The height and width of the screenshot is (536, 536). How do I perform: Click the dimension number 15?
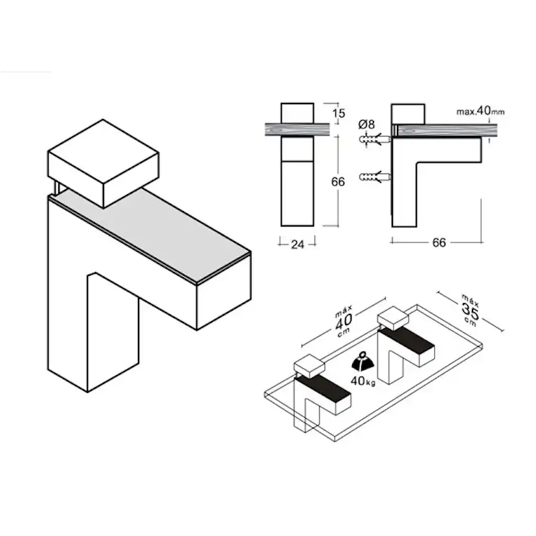(339, 113)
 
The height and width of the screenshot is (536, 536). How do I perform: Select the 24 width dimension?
(297, 245)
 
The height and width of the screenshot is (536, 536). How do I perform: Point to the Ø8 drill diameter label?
(366, 124)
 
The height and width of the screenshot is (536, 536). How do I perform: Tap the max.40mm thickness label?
(480, 111)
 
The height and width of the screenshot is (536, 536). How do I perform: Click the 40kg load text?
(363, 381)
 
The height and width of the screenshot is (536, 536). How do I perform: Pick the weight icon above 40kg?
(363, 363)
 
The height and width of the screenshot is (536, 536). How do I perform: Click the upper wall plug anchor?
(375, 139)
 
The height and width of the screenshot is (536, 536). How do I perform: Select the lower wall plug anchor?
(375, 177)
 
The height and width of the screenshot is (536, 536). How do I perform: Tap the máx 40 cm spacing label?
(343, 320)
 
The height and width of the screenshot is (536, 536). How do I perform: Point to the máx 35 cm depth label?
(470, 309)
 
